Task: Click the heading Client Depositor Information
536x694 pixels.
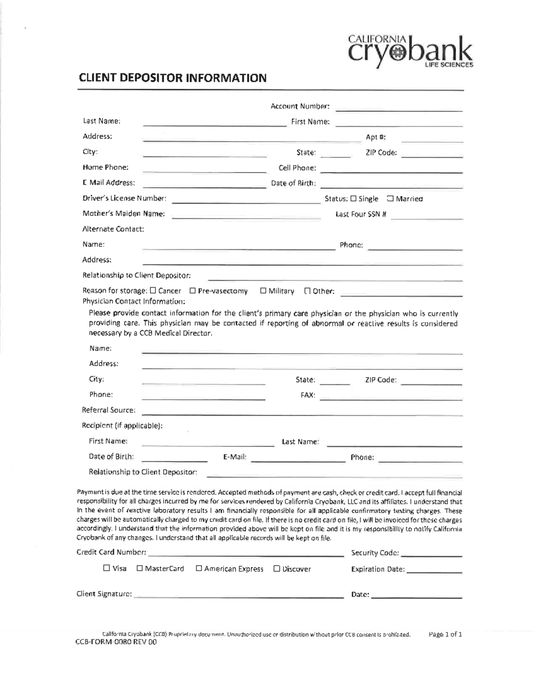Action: [x=172, y=78]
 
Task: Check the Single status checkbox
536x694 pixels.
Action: [x=353, y=198]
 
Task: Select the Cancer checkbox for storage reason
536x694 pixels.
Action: [x=153, y=291]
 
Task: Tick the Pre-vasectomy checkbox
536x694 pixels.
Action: [x=193, y=291]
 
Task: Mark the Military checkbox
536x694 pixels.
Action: [x=263, y=291]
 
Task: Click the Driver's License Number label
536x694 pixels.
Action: [x=124, y=198]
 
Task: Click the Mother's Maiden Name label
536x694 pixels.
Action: [x=124, y=214]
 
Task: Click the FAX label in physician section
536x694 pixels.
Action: [x=308, y=395]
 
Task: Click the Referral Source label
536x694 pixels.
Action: [x=109, y=410]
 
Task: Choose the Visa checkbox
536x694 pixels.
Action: [x=106, y=568]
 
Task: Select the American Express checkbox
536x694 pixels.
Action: [x=199, y=568]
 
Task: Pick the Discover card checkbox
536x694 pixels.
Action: [x=276, y=568]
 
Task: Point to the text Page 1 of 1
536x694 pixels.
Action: [x=445, y=634]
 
